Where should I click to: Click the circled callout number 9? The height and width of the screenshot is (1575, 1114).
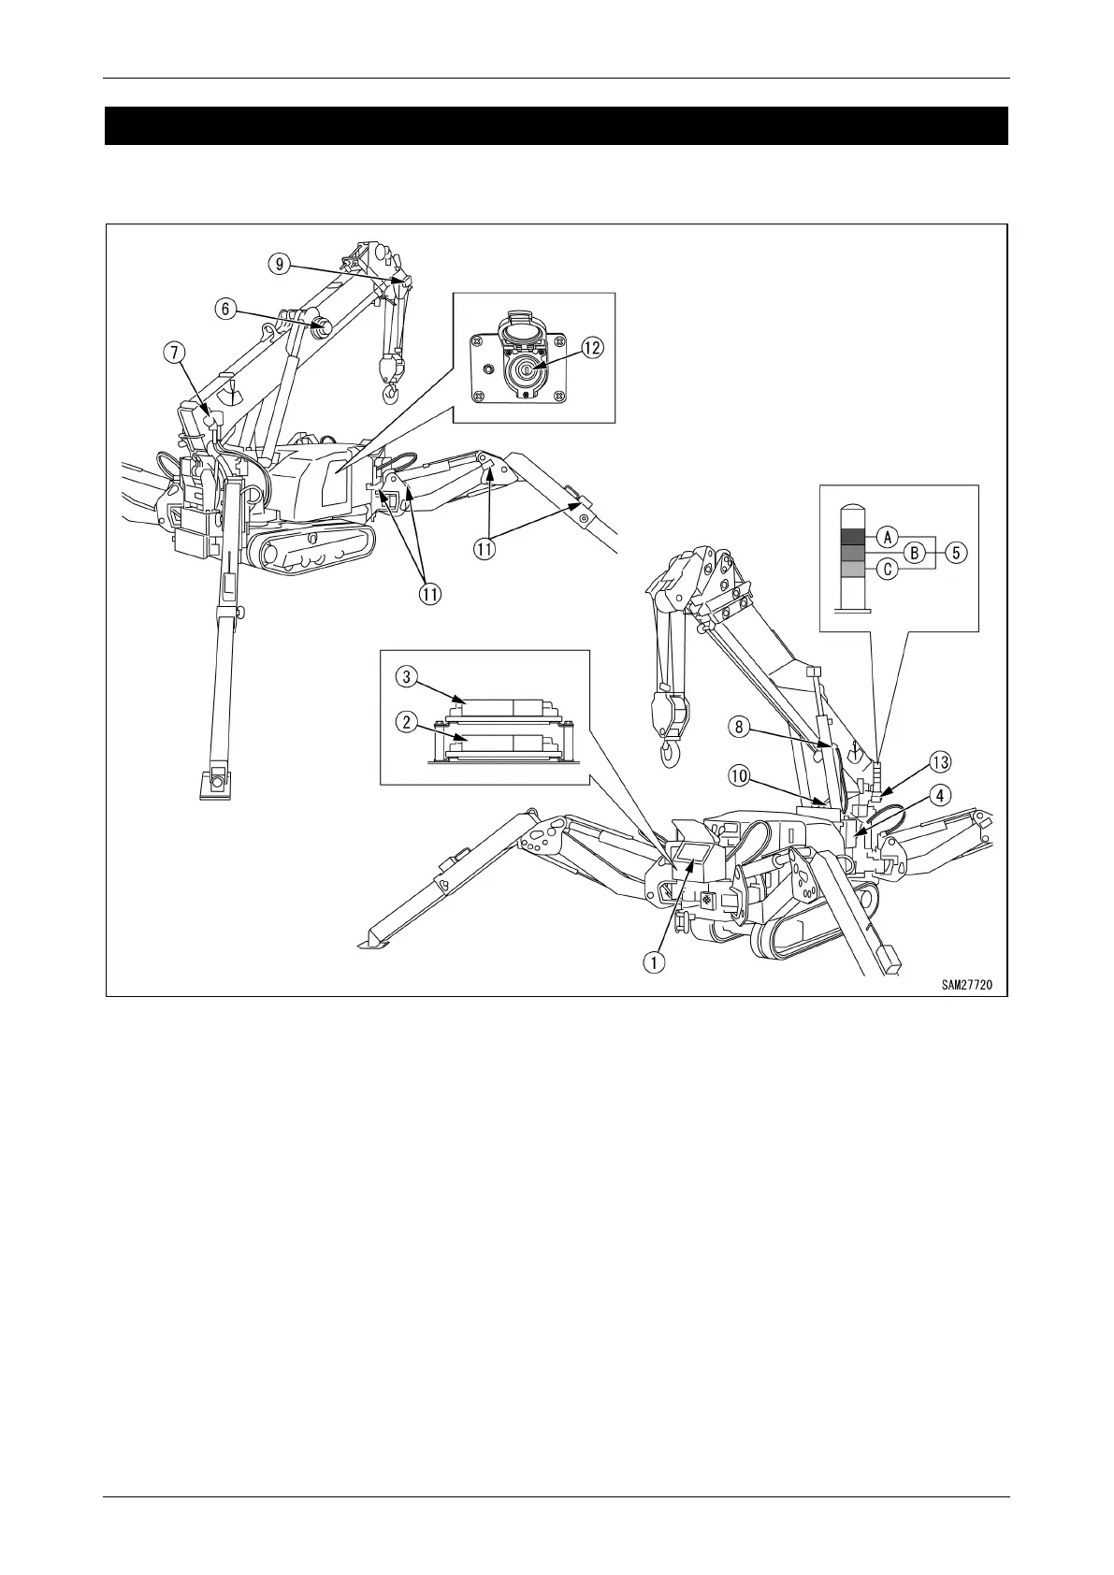(279, 265)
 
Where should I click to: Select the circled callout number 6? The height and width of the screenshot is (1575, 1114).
(226, 309)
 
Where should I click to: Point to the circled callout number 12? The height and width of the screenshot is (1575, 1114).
(591, 347)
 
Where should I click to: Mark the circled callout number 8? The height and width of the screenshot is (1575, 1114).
(738, 724)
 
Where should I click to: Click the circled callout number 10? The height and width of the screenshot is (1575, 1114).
(739, 774)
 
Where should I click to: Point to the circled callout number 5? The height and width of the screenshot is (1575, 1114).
(955, 552)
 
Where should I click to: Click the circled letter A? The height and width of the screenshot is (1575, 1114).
(887, 536)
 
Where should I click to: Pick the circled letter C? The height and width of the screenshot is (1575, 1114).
(887, 568)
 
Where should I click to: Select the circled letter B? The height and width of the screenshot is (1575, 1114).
(918, 552)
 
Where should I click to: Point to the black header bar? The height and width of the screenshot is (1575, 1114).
(557, 126)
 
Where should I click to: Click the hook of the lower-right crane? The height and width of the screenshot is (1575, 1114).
(670, 754)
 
